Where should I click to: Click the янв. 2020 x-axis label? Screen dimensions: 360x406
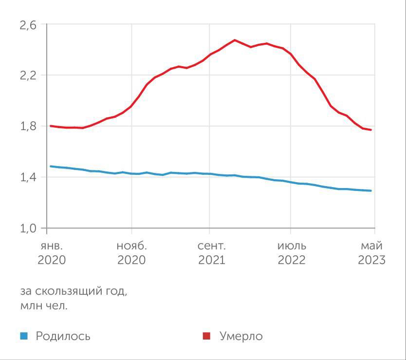coord(51,253)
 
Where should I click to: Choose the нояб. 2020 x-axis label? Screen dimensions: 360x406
coord(131,253)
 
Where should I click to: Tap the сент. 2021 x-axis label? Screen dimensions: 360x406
coord(211,253)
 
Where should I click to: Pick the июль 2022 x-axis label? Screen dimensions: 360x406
coord(292,253)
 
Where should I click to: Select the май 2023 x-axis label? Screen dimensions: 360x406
coord(372,253)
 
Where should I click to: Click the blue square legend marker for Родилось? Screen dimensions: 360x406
coord(24,336)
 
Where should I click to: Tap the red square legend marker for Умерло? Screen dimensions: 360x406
coord(206,336)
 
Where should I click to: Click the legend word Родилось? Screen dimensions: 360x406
coord(63,336)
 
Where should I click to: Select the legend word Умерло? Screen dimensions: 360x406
coord(241,336)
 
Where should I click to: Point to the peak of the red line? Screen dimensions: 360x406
coord(235,40)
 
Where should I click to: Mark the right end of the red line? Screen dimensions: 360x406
coord(371,130)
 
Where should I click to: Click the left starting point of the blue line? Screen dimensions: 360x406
coord(51,166)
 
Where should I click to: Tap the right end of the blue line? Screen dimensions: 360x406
coord(371,190)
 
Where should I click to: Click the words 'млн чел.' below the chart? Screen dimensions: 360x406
coord(44,306)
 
